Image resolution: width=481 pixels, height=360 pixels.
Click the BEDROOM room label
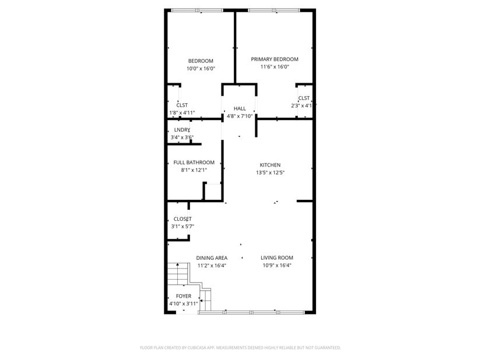click(201, 61)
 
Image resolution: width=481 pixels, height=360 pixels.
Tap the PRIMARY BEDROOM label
click(275, 59)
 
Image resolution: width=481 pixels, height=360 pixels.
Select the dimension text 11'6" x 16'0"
click(275, 67)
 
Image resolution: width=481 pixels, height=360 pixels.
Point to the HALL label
click(240, 108)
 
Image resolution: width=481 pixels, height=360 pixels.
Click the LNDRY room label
click(182, 130)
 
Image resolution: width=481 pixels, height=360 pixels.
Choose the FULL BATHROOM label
click(194, 163)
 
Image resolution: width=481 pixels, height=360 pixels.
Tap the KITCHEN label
click(271, 165)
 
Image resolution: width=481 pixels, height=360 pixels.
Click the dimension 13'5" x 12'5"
click(271, 172)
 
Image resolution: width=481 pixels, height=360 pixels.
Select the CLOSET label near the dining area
click(182, 219)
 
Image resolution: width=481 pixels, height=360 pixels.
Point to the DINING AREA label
click(212, 258)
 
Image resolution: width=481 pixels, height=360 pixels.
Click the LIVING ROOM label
click(277, 257)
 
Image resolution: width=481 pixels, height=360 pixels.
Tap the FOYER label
click(184, 296)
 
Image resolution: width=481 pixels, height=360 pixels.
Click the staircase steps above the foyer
click(177, 274)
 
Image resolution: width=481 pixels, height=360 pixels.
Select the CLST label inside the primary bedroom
click(304, 98)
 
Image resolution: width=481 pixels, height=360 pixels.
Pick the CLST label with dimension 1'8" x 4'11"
click(182, 105)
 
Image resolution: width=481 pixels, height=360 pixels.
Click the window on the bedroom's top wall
click(197, 10)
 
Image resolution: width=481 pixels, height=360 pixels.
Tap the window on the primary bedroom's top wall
click(274, 10)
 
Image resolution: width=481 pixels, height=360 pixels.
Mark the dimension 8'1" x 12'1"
click(194, 170)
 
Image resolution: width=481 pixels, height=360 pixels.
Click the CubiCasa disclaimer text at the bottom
click(240, 348)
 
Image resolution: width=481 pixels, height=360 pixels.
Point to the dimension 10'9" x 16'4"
click(277, 265)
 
